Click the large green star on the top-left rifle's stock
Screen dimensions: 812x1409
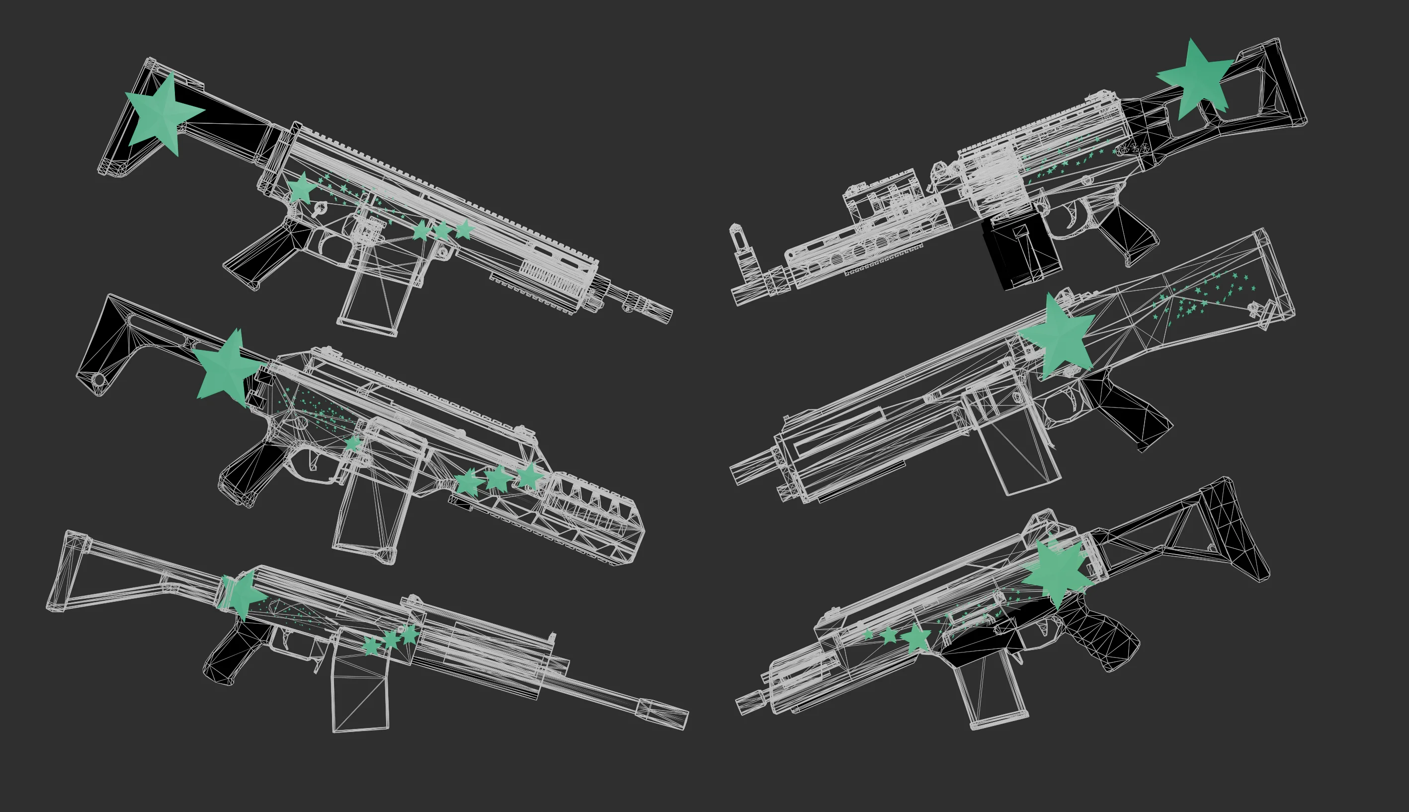click(x=162, y=113)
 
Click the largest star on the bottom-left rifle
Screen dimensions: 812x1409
click(x=243, y=594)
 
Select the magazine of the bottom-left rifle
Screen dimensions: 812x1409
click(x=360, y=694)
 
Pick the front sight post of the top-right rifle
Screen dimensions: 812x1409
click(x=739, y=240)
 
